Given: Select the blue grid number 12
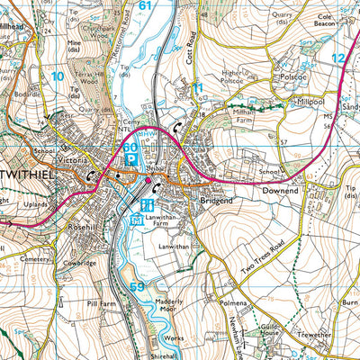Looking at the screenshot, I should click(x=337, y=58).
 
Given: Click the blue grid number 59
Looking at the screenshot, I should click(x=136, y=287).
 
